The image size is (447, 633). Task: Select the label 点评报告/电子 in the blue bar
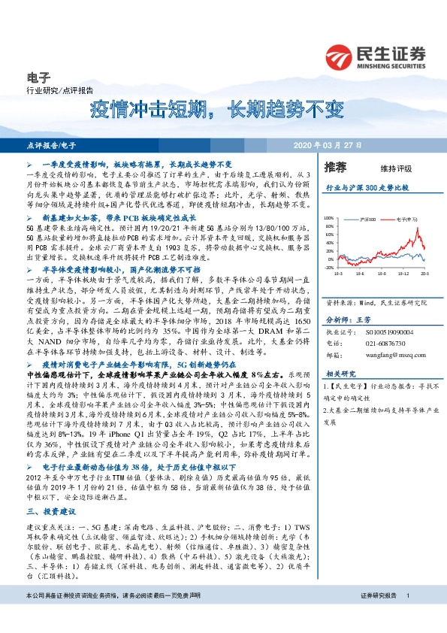[51, 144]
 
